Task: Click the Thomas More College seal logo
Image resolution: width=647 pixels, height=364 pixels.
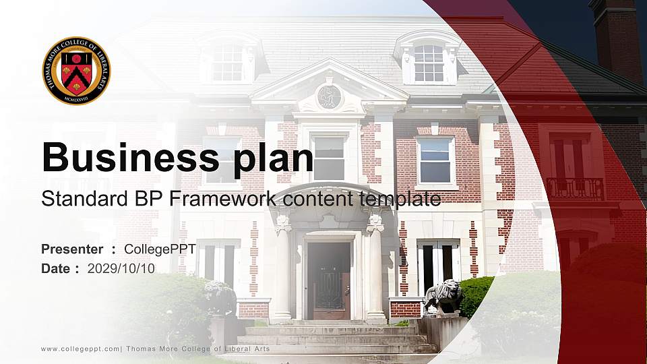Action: coord(76,71)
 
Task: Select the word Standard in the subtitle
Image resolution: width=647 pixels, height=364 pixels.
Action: coord(85,199)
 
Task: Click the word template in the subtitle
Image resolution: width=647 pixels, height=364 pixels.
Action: coord(400,200)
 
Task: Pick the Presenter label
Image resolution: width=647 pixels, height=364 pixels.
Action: coord(72,249)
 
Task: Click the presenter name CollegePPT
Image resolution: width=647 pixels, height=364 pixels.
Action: coord(160,249)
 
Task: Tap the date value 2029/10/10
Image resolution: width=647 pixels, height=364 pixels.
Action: coord(121,269)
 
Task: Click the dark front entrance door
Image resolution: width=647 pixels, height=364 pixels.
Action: coord(329,280)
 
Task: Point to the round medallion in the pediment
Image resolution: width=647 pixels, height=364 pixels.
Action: coord(330,97)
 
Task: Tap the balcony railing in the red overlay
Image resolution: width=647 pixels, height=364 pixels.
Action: coord(575,189)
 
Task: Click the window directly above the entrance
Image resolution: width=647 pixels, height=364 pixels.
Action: coord(329,158)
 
